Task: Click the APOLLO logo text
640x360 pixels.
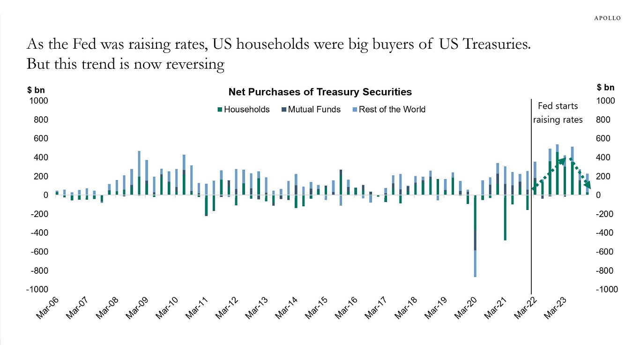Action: coord(607,18)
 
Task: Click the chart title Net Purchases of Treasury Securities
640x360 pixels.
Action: coord(320,92)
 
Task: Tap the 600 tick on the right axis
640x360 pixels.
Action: coord(603,139)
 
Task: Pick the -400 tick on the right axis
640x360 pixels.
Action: coord(604,233)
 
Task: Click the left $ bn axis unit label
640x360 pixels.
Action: coord(36,89)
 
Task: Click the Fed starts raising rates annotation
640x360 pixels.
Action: coord(558,113)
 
